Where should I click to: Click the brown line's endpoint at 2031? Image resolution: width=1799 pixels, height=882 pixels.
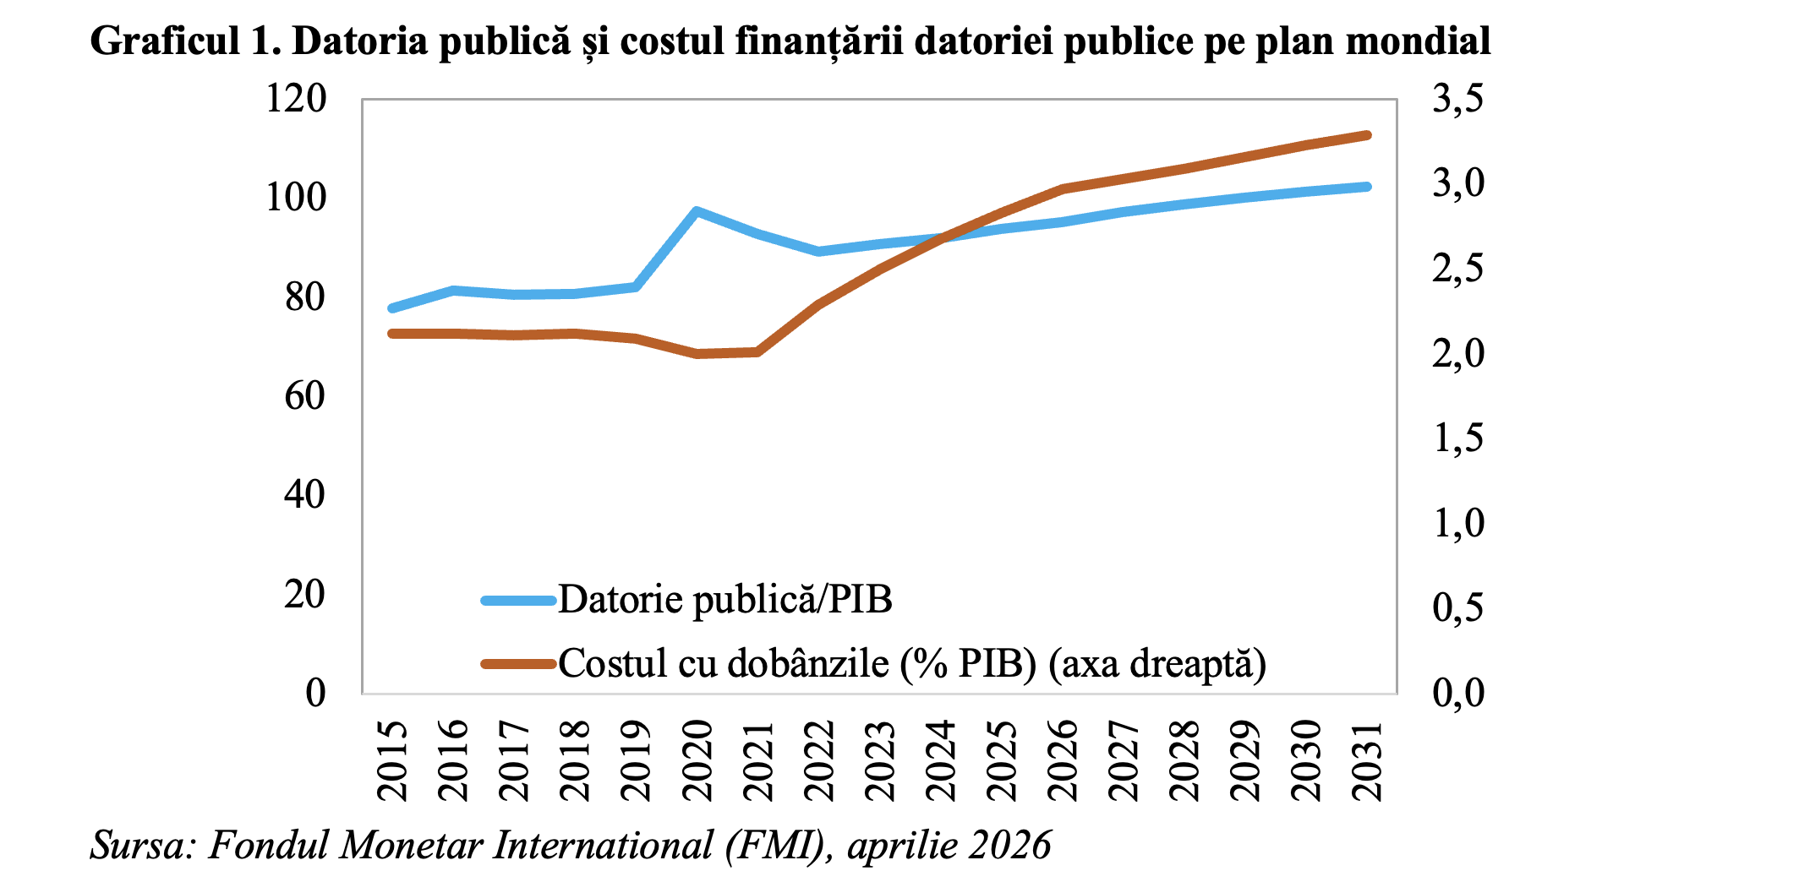pos(1367,135)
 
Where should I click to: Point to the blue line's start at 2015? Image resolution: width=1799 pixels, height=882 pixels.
pos(392,308)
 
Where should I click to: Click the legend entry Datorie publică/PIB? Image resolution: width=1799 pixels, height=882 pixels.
pos(725,600)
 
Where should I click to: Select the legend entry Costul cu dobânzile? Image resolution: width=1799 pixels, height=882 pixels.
pos(911,664)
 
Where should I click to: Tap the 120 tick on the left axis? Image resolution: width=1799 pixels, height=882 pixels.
pos(296,100)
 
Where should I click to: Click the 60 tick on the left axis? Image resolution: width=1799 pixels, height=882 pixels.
pos(304,396)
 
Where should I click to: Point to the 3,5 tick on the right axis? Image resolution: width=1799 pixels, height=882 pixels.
pos(1457,100)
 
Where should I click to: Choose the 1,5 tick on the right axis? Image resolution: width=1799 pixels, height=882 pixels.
pos(1457,438)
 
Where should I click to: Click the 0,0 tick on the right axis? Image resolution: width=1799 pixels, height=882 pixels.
pos(1457,693)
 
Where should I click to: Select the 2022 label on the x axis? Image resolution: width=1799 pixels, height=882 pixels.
pos(819,760)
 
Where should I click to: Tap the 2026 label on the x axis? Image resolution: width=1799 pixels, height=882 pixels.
pos(1063,760)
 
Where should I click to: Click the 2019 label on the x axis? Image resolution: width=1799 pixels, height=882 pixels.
pos(637,760)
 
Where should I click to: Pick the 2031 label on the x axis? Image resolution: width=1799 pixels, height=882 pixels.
pos(1367,760)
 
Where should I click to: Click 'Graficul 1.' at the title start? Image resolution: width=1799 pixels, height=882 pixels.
pos(185,41)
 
